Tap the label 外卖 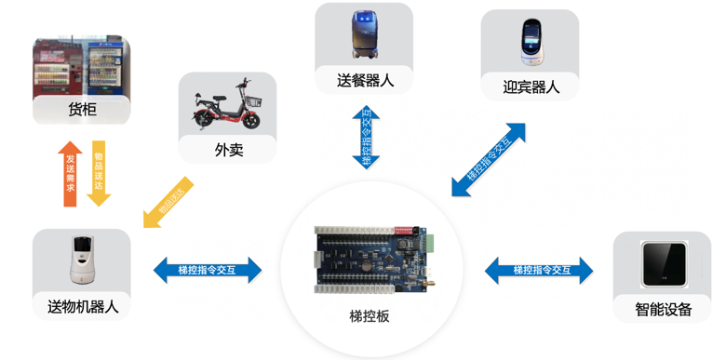(x=229, y=149)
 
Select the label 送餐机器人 (x=365, y=81)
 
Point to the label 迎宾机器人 (x=531, y=87)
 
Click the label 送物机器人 (x=82, y=306)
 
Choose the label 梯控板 (x=370, y=315)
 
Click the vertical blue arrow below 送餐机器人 (x=365, y=137)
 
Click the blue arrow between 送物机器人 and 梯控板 (x=207, y=270)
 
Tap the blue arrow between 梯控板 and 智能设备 (x=541, y=270)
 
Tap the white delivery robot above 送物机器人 (x=82, y=260)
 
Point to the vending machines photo (x=82, y=65)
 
